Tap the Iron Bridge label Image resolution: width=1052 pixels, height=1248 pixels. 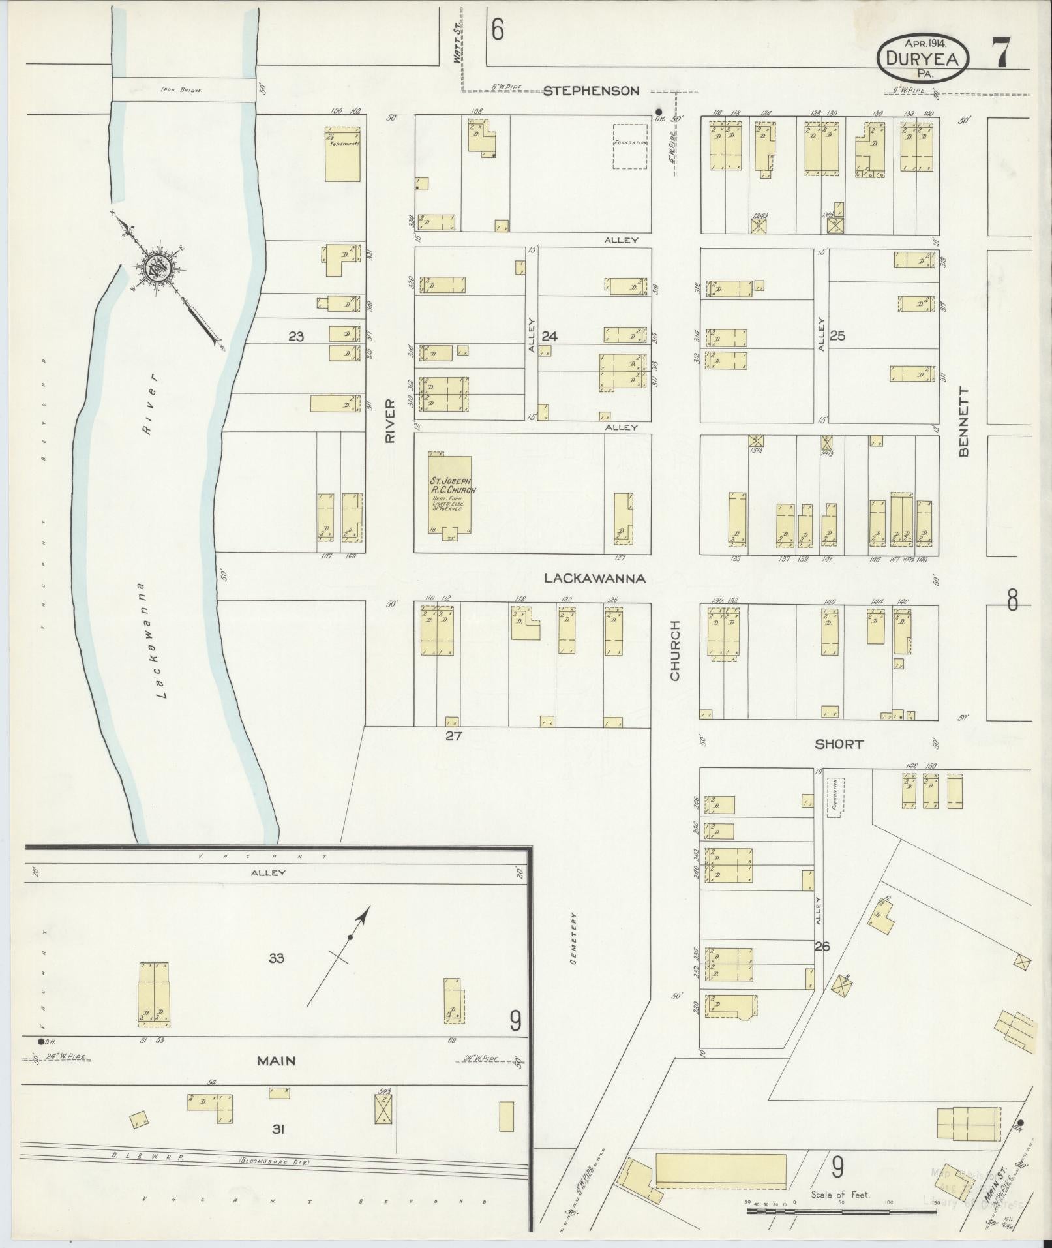(182, 91)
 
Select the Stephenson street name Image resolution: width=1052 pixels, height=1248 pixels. (591, 91)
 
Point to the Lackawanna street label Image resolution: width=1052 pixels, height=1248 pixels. (595, 579)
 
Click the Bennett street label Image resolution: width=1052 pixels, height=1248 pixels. (965, 421)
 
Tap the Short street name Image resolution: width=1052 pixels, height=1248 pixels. (839, 744)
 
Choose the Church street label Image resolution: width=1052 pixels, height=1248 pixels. (674, 650)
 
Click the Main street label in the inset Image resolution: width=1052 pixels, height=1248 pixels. (276, 1061)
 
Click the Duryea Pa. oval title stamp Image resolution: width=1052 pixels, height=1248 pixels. (922, 59)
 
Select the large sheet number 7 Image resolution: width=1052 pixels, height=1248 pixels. (1002, 53)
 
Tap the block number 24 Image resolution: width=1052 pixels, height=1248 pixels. (550, 337)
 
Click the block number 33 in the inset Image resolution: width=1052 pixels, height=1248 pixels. (277, 958)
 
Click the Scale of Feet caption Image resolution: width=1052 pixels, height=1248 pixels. (840, 1195)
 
